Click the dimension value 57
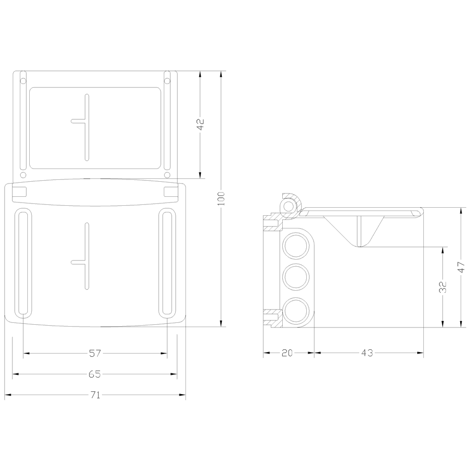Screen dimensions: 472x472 coord(95,353)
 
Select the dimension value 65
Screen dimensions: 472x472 coord(95,374)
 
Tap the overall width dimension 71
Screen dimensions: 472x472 coord(95,396)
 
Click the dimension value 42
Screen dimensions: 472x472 coord(200,125)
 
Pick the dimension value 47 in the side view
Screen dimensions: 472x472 coord(461,267)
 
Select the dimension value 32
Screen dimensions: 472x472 coord(443,287)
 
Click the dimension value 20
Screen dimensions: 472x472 coord(288,353)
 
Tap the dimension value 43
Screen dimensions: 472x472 coord(368,353)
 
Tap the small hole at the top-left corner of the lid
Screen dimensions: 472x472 coord(22,80)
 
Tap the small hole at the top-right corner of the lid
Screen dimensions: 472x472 coord(167,80)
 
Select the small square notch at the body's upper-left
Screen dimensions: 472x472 coord(19,191)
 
